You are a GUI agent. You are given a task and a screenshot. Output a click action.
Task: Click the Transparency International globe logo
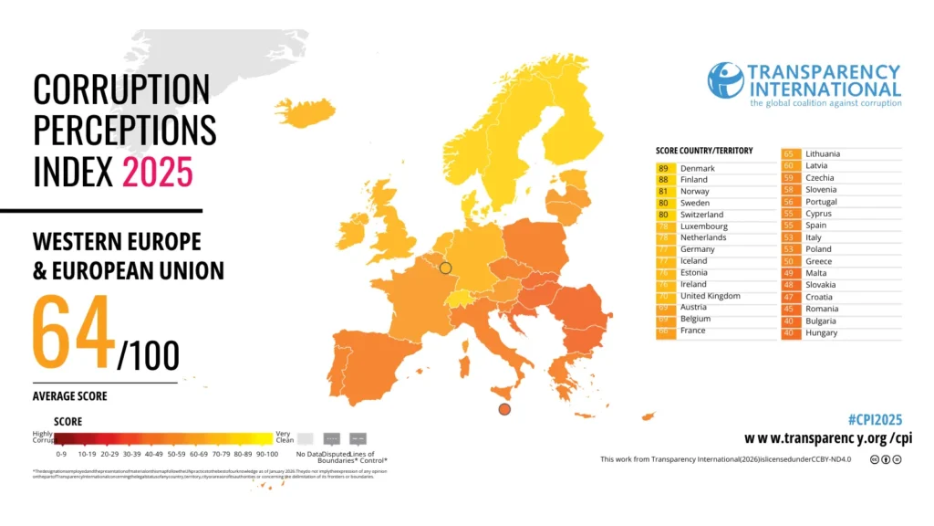pos(725,80)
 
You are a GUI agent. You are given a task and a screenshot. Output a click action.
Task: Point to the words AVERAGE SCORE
pos(69,396)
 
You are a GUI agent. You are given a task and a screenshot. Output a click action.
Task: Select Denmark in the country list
pos(697,169)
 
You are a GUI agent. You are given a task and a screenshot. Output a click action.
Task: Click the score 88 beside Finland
pos(663,180)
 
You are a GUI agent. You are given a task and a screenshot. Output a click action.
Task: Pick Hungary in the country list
pos(821,333)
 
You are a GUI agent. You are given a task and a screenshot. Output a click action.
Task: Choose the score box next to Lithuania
pos(788,154)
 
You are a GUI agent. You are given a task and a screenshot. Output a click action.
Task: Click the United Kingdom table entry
pos(710,296)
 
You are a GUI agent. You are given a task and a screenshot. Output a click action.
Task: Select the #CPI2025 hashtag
pos(875,420)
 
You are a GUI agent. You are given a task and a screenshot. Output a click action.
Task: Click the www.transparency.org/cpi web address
pos(828,439)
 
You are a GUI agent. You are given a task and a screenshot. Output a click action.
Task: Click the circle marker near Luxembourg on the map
pos(445,268)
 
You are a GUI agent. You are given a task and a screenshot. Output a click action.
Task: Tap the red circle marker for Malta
pos(504,409)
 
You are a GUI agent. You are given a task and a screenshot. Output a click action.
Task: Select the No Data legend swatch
pos(305,438)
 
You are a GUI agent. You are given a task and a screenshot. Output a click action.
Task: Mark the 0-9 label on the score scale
pos(61,453)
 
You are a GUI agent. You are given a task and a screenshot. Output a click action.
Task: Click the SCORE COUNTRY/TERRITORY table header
pos(703,151)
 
